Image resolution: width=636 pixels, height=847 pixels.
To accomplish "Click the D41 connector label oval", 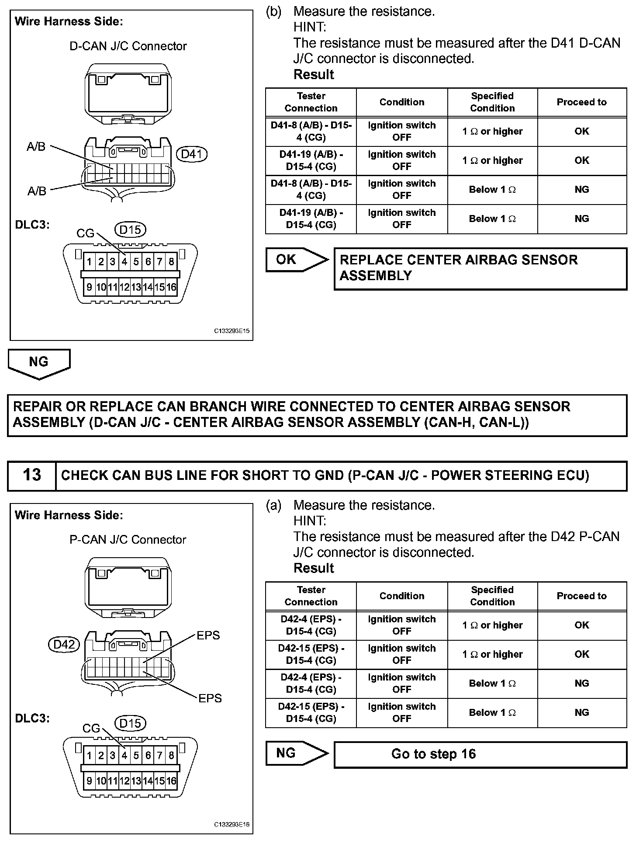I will (191, 154).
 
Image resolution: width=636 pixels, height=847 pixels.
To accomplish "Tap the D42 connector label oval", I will (64, 644).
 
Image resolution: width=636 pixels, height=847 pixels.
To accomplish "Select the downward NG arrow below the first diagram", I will (39, 363).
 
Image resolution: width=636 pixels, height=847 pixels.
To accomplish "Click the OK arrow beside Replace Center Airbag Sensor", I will (296, 260).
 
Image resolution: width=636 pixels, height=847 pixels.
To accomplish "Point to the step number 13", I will (32, 475).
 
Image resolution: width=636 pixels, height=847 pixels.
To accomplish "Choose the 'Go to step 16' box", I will (480, 754).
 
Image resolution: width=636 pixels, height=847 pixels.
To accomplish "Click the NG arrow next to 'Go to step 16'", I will (296, 753).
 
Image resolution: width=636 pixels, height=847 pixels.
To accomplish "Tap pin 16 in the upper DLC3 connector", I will (171, 287).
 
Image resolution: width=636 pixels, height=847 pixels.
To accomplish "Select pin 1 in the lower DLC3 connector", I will (89, 755).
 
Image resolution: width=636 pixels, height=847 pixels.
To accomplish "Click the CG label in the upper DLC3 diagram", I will (85, 233).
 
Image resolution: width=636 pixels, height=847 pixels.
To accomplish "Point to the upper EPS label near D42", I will (208, 635).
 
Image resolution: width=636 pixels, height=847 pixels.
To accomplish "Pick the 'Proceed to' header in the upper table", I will (581, 102).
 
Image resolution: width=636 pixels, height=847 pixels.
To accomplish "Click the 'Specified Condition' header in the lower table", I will (492, 596).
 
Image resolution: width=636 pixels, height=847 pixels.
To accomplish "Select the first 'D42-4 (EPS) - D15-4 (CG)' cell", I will (311, 625).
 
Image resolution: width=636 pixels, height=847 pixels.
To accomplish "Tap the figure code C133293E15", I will (232, 331).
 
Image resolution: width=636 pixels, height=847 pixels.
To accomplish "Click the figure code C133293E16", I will (232, 825).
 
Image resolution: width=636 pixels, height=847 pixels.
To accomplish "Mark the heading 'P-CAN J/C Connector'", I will (128, 540).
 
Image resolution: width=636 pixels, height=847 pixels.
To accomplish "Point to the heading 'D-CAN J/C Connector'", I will (128, 46).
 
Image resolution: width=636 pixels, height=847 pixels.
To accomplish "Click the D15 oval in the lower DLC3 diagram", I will (130, 723).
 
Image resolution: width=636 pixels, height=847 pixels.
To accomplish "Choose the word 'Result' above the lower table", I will (314, 568).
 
